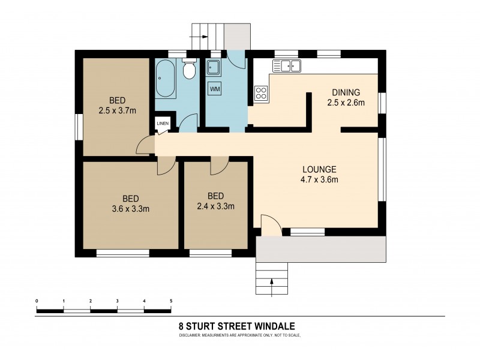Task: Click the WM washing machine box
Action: (x=215, y=89)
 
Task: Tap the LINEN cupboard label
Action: (x=162, y=124)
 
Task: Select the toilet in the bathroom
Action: (x=189, y=71)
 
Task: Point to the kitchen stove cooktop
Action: (x=262, y=93)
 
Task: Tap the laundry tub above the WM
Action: (x=214, y=67)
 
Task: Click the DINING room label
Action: (x=346, y=92)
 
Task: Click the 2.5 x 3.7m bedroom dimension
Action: (x=118, y=110)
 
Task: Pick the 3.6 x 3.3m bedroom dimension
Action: (x=130, y=209)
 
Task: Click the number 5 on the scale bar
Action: (x=171, y=300)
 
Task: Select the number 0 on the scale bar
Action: (x=37, y=300)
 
